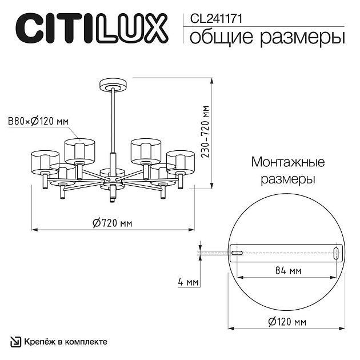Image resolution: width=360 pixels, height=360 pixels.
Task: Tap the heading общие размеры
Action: [x=266, y=37]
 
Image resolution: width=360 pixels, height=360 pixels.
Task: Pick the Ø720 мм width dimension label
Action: [x=112, y=222]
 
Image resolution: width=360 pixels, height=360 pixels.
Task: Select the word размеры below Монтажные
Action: [x=287, y=179]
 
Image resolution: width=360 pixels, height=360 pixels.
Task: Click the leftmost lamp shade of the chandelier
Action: [x=45, y=162]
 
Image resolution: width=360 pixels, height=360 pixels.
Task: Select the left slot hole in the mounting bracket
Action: [x=237, y=252]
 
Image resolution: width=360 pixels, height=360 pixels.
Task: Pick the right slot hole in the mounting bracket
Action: [x=337, y=252]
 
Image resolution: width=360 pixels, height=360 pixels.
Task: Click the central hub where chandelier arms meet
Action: [x=112, y=178]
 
